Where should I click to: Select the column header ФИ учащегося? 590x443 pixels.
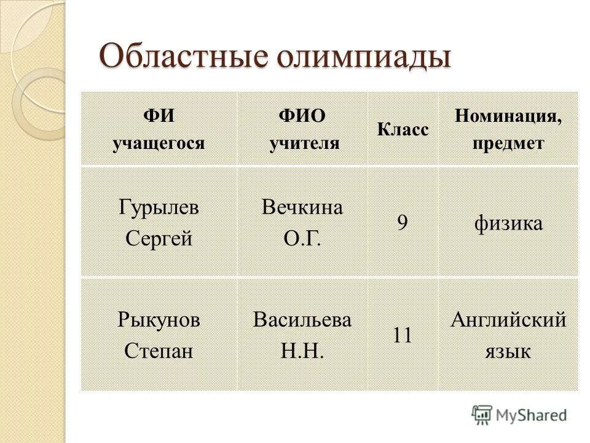159,129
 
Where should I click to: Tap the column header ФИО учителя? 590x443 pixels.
302,129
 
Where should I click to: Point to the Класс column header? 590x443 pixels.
403,130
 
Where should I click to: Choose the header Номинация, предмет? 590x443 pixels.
508,129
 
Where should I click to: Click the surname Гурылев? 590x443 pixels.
159,207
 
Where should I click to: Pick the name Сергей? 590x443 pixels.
159,238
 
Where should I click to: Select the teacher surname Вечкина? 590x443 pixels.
302,207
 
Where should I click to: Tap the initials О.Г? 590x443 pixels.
302,238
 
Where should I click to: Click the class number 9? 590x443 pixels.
402,223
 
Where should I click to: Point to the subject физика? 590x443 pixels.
508,223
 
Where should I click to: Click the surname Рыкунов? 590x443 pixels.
159,320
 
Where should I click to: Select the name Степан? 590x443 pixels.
159,351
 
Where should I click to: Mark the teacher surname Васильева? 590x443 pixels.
302,320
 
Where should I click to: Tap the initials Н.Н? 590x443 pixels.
302,351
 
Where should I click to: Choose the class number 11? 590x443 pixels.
402,335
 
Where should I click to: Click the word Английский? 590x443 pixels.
508,320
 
